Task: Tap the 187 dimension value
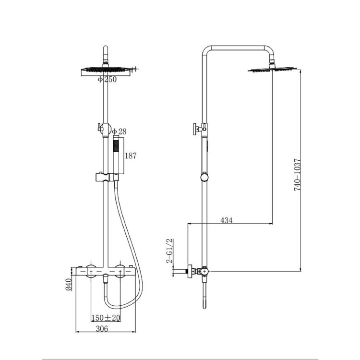pyautogui.click(x=131, y=156)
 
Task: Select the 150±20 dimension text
pyautogui.click(x=106, y=318)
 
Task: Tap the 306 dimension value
pyautogui.click(x=101, y=329)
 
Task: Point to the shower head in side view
pyautogui.click(x=272, y=70)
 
